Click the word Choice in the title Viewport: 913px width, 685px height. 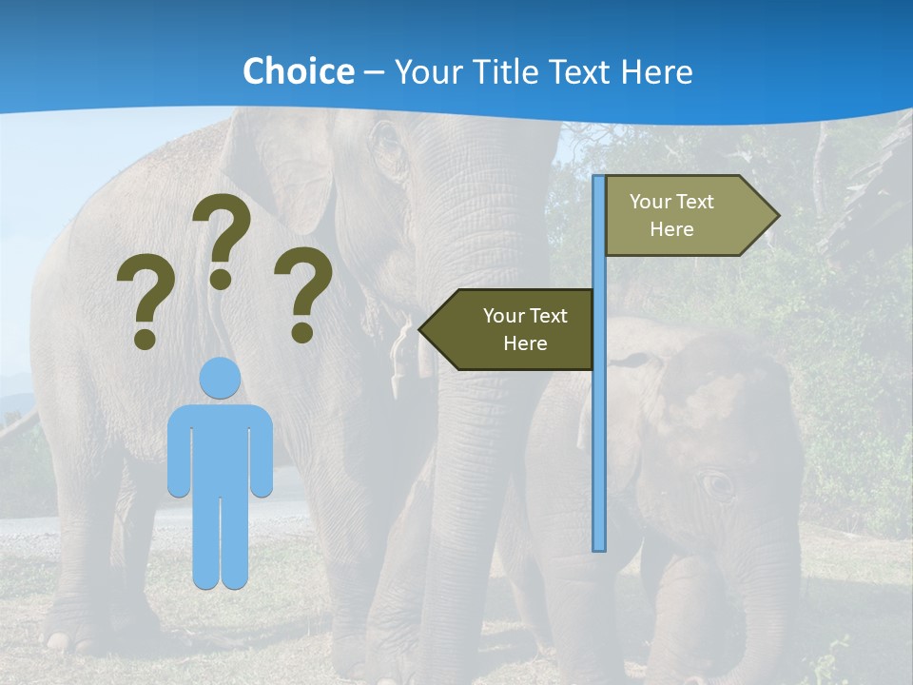click(x=298, y=71)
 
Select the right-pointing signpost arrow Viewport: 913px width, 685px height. click(x=690, y=216)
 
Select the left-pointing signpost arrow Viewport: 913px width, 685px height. click(x=509, y=329)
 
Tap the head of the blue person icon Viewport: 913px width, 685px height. click(x=221, y=379)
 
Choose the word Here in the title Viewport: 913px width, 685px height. click(x=656, y=71)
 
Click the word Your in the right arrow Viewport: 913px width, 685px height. click(x=651, y=202)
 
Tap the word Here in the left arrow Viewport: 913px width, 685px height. click(x=525, y=343)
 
